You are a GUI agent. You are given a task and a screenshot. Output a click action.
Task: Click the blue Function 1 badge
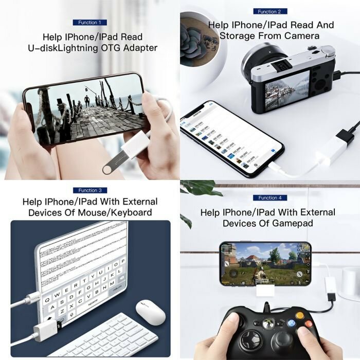coord(89,23)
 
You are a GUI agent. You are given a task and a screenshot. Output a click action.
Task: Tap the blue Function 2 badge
coord(269,11)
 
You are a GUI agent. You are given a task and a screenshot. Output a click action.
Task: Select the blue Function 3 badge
coord(89,190)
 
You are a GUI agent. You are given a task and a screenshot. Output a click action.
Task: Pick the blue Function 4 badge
coord(269,197)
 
